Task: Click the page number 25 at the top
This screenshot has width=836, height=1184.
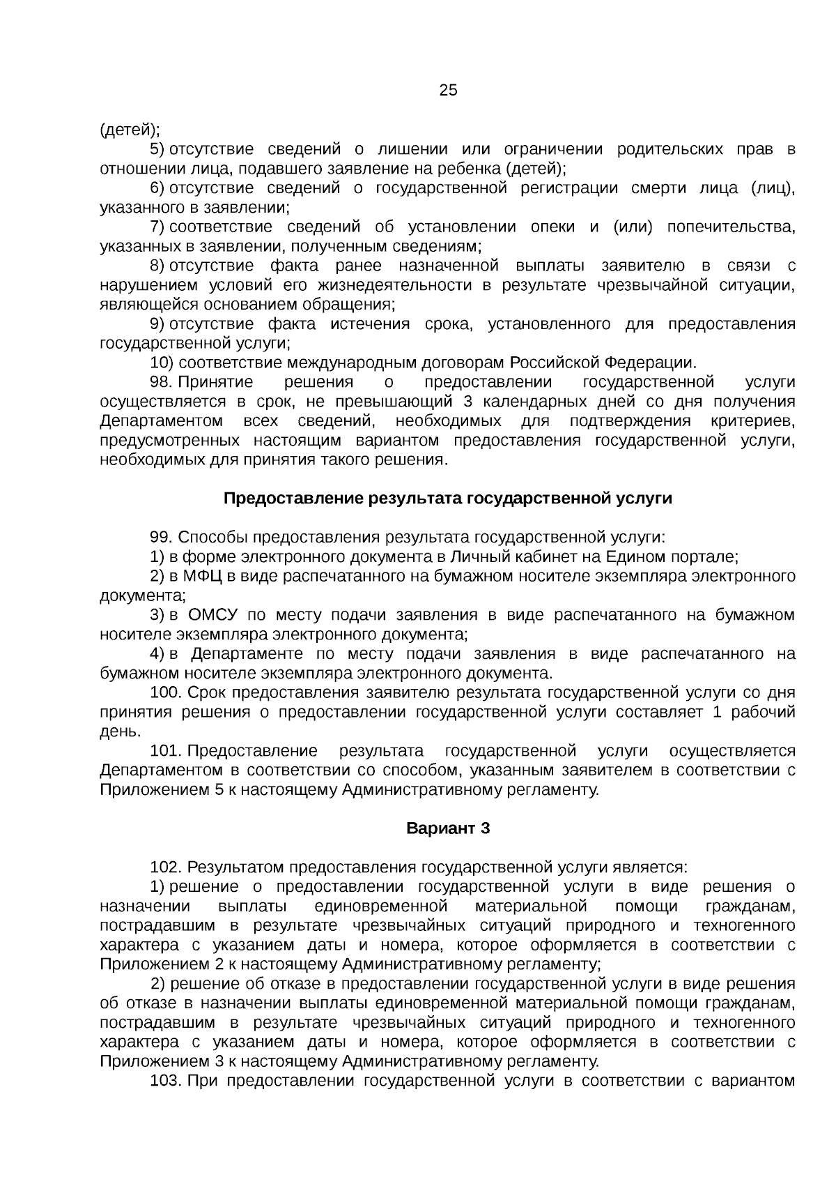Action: [448, 91]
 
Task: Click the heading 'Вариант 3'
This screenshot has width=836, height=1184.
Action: [448, 828]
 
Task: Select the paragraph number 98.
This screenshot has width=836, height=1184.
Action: [160, 383]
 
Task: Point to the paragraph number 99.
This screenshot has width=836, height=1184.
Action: [161, 538]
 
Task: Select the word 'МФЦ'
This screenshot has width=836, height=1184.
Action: [203, 577]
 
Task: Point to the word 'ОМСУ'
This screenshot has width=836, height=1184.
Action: [213, 615]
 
